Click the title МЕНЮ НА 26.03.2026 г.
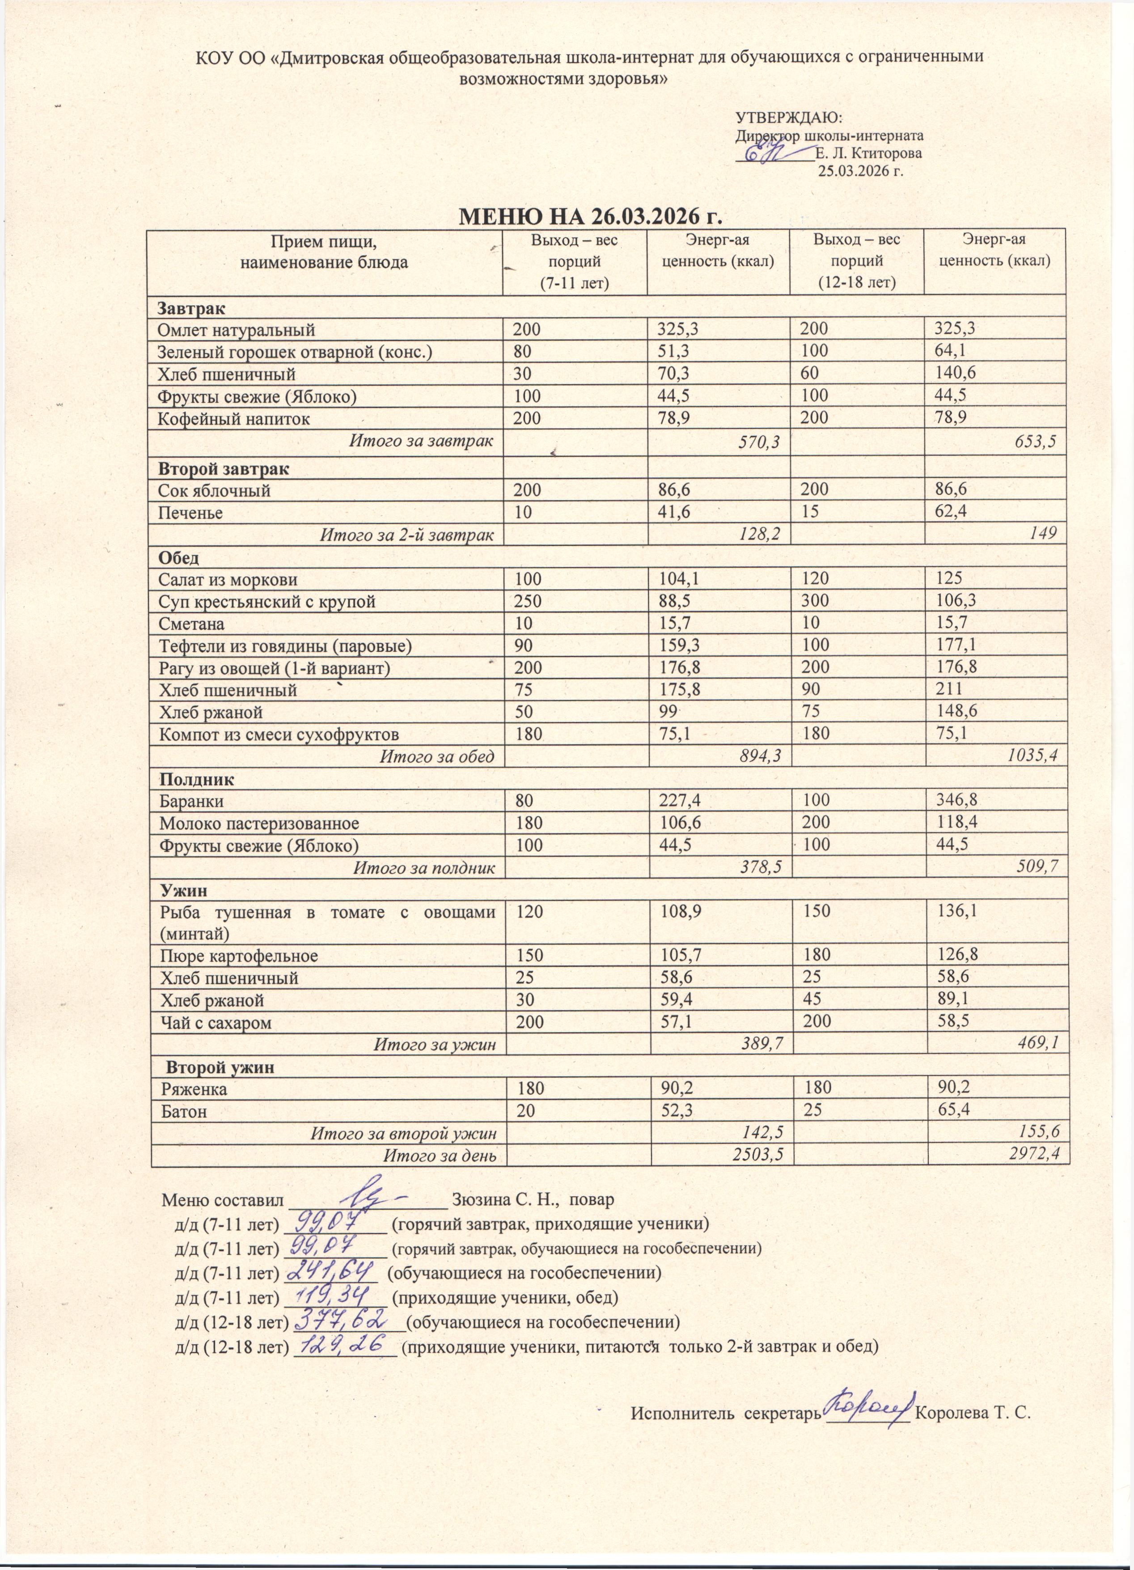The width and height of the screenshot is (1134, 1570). (x=591, y=216)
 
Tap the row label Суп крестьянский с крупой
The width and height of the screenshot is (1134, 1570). (x=267, y=602)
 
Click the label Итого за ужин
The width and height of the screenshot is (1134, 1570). (x=435, y=1044)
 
